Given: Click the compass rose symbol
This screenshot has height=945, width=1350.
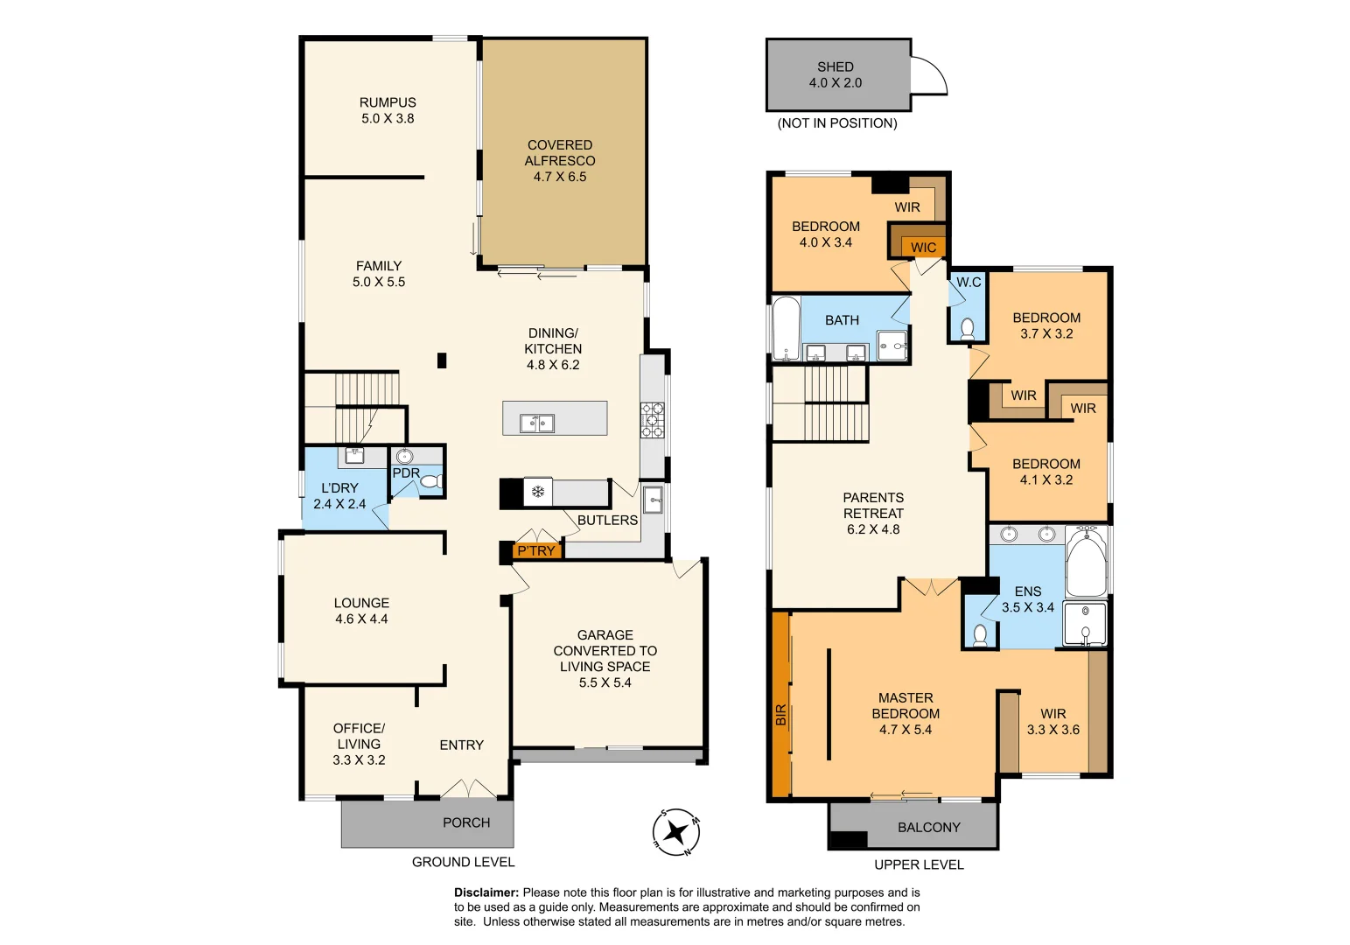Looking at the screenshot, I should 676,832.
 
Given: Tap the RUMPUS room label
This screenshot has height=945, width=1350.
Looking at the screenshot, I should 388,102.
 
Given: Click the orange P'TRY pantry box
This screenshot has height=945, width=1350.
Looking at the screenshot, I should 536,550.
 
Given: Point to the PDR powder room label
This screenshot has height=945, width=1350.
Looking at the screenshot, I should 406,473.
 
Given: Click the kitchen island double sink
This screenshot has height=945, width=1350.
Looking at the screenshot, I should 537,423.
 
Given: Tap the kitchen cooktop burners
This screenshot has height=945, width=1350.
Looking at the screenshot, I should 652,420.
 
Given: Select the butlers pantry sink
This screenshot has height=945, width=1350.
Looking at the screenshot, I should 653,500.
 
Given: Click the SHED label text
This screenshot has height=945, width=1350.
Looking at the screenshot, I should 835,66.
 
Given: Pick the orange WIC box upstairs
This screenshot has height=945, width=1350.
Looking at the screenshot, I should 923,248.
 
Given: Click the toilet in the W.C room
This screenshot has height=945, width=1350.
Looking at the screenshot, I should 968,328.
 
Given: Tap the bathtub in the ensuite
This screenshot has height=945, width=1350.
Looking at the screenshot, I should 1086,561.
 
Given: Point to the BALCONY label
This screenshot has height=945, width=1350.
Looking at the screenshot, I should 928,827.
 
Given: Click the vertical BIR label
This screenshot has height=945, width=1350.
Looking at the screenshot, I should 780,715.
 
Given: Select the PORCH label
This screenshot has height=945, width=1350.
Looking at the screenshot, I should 465,822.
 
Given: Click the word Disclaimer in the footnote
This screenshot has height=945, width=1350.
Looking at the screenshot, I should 486,892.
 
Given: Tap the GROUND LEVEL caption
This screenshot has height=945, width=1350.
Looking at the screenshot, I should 463,862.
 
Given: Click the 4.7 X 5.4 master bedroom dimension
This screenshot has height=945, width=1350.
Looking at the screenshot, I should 905,730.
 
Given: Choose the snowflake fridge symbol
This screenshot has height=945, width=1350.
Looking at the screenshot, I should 539,492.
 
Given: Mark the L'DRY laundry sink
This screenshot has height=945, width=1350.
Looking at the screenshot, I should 355,454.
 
